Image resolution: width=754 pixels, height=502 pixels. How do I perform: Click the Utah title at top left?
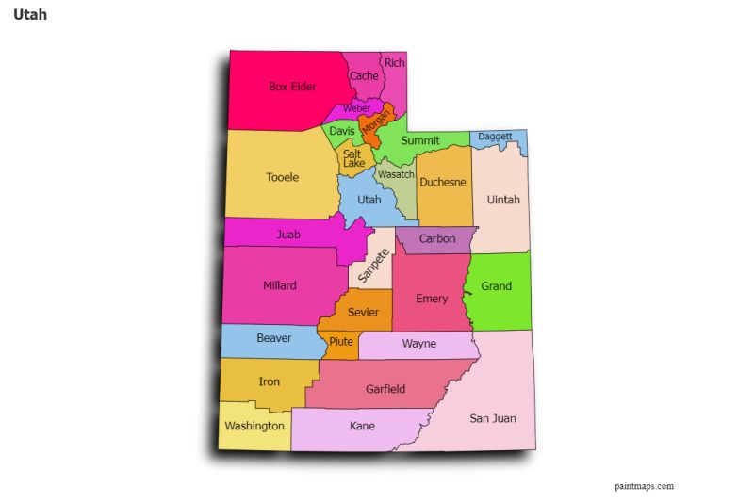(x=30, y=16)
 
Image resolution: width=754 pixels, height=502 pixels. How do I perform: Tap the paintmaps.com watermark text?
(x=644, y=486)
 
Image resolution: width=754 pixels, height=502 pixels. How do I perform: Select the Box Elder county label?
(x=292, y=87)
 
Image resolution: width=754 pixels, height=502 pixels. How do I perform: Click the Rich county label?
(x=395, y=63)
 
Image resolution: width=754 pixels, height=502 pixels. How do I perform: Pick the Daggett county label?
(x=495, y=137)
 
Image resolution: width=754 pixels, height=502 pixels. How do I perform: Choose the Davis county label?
(x=341, y=132)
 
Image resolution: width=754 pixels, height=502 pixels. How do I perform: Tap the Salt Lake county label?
(x=352, y=158)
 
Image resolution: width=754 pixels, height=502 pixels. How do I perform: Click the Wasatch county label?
(x=395, y=175)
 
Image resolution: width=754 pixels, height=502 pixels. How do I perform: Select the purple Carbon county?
(x=437, y=239)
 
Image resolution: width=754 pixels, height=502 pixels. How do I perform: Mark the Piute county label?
(x=341, y=342)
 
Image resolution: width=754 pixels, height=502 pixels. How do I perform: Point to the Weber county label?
(x=356, y=108)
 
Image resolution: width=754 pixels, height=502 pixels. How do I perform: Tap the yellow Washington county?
(x=254, y=426)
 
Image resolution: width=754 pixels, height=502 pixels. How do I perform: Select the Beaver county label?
(x=274, y=338)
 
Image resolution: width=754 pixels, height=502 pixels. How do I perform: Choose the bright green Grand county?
(x=497, y=286)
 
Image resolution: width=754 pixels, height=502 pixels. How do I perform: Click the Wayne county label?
(x=419, y=344)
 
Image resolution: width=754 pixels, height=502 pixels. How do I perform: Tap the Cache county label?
(x=364, y=76)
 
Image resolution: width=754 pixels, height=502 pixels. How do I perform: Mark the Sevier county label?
(x=363, y=312)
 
